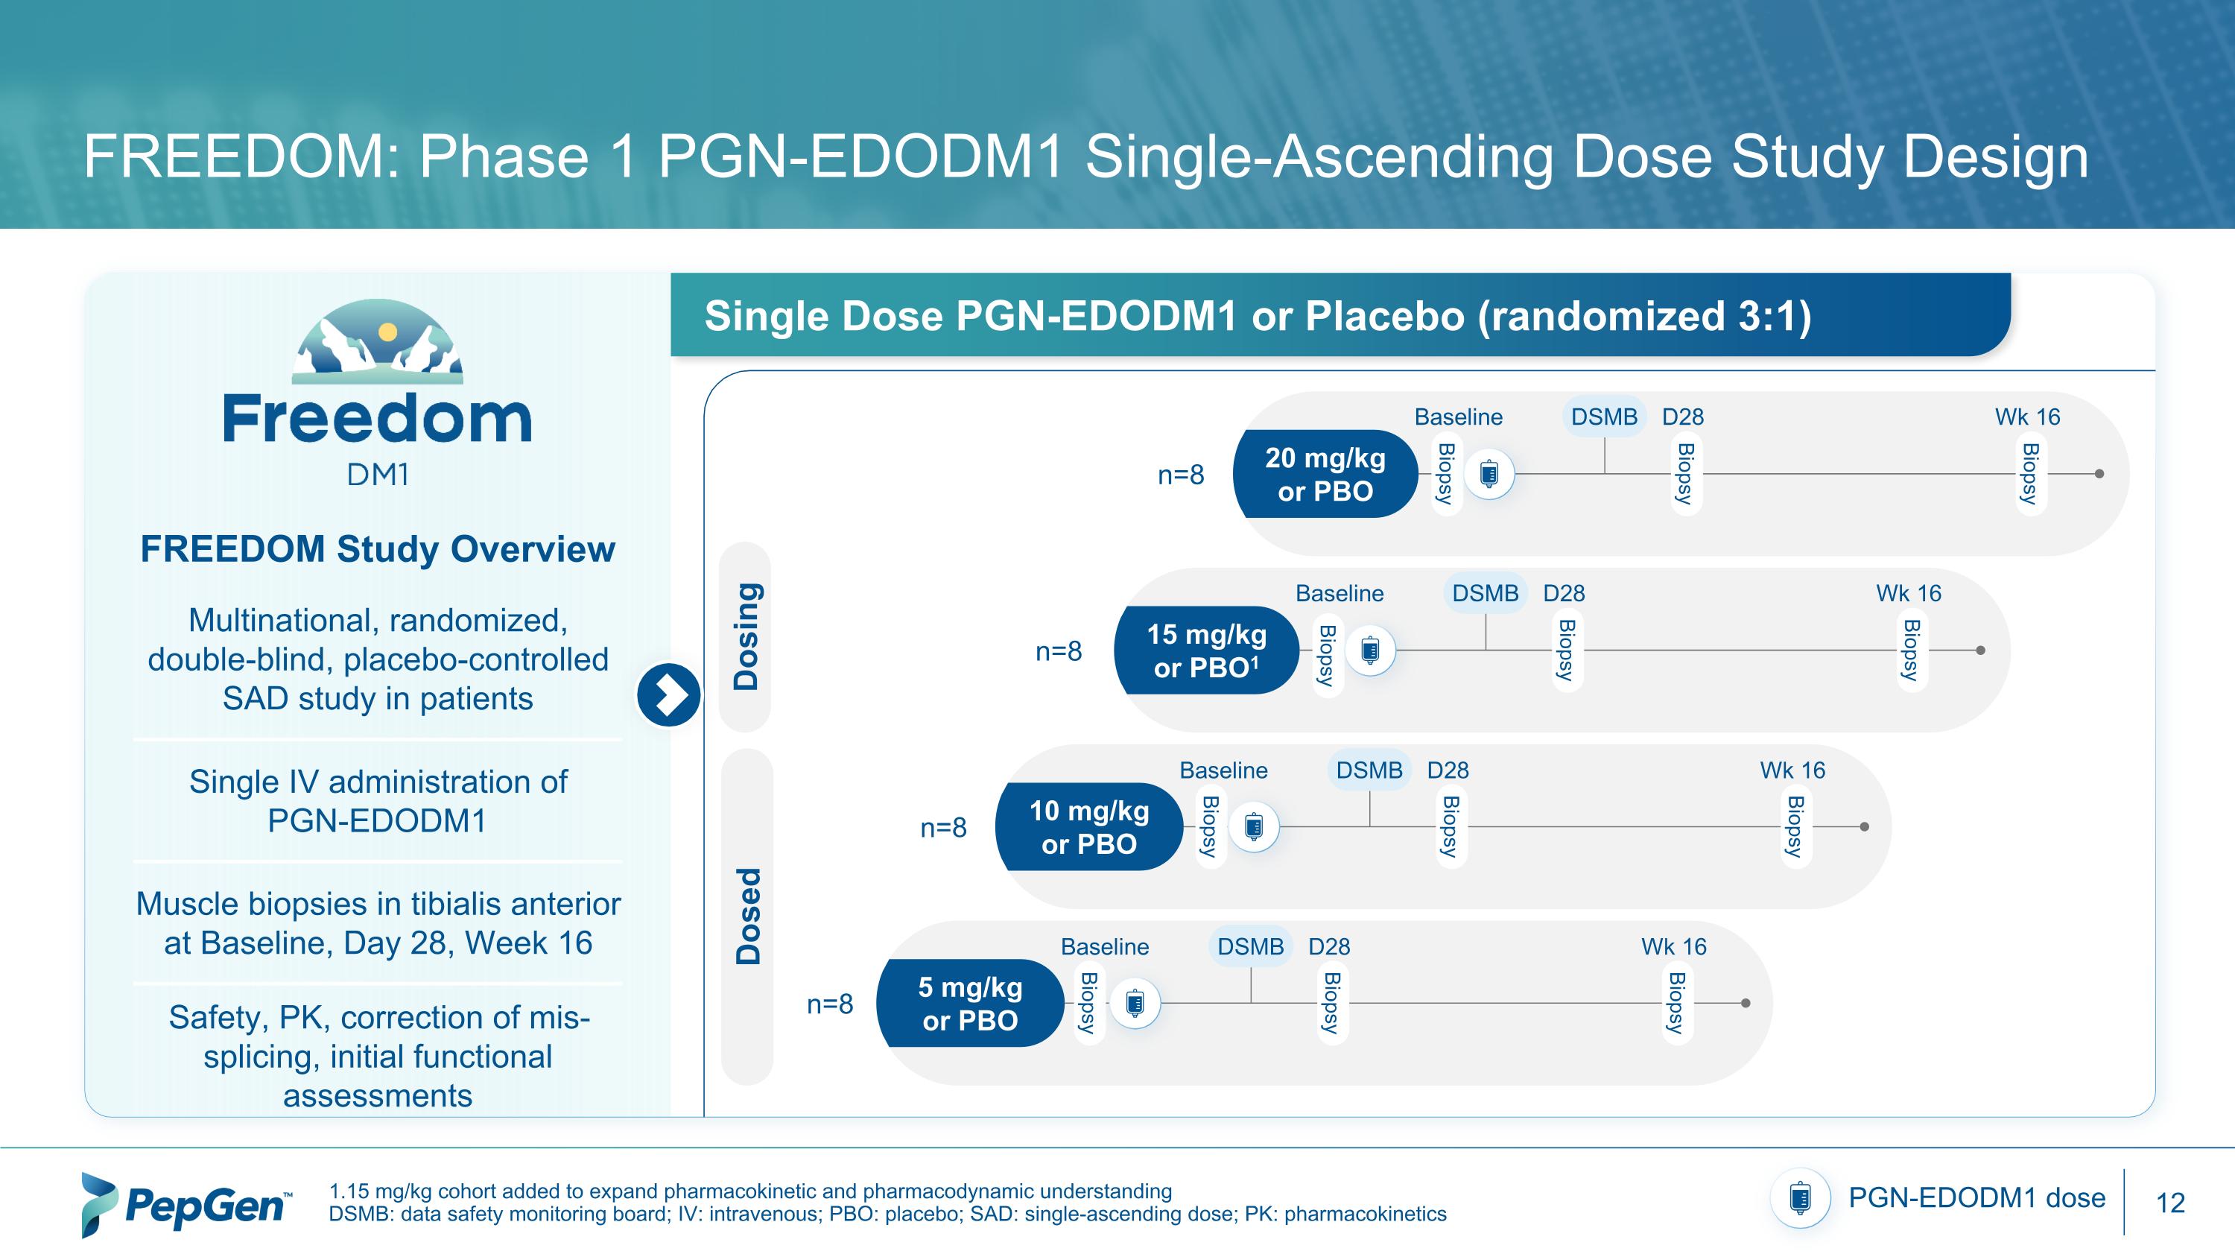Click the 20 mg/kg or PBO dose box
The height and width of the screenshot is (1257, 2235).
(x=1324, y=475)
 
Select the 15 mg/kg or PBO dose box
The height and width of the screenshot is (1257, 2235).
(x=1206, y=650)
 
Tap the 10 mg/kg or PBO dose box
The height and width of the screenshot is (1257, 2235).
(x=1089, y=827)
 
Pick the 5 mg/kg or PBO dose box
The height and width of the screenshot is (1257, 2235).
(x=970, y=1004)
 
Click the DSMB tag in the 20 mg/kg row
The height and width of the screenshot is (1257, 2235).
(x=1604, y=417)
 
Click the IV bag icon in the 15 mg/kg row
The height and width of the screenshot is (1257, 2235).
(x=1371, y=650)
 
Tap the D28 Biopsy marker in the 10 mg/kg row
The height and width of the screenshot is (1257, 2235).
(x=1448, y=827)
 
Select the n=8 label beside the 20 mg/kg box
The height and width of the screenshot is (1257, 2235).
(x=1181, y=475)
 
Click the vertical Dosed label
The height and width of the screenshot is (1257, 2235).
(x=748, y=916)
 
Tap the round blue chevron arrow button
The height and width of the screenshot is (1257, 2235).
(x=668, y=695)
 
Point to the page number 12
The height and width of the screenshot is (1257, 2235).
(x=2170, y=1203)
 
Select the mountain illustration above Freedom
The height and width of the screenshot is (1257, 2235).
(x=378, y=343)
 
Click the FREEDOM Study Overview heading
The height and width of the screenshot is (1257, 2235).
(x=378, y=549)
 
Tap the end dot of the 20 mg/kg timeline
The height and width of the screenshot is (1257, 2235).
(x=2099, y=474)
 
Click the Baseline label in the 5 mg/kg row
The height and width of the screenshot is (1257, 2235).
(x=1105, y=946)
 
